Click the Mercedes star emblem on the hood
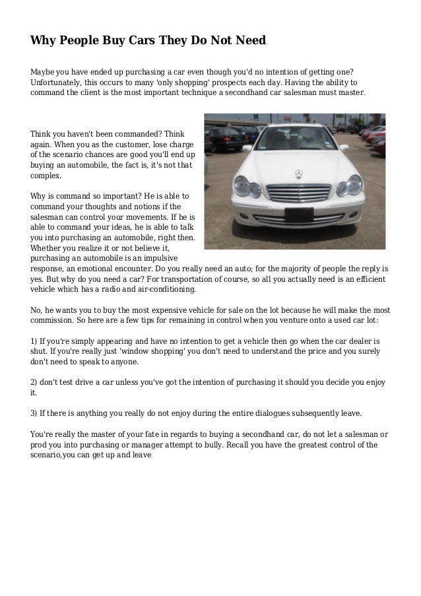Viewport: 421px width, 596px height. [298, 174]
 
